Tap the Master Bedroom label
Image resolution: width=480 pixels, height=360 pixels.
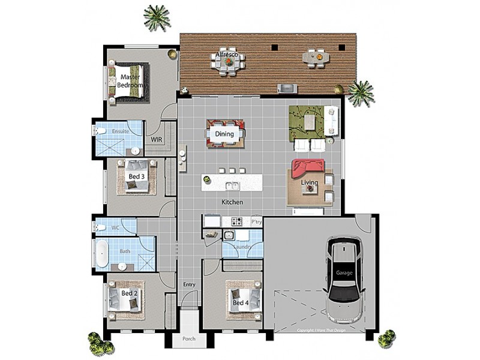click(x=131, y=82)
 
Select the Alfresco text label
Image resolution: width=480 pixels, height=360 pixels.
click(x=227, y=55)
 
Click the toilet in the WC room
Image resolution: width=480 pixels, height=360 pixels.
click(x=99, y=227)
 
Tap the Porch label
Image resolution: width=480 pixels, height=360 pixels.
click(x=190, y=340)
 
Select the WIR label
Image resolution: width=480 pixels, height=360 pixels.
click(x=157, y=139)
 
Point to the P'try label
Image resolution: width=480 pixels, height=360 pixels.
click(x=256, y=221)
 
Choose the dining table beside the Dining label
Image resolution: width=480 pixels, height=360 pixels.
click(x=226, y=133)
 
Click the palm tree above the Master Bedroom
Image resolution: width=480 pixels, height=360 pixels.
click(x=156, y=17)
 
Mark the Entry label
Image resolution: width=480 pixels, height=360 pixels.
click(x=189, y=284)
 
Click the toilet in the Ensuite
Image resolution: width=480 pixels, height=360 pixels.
click(x=100, y=130)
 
